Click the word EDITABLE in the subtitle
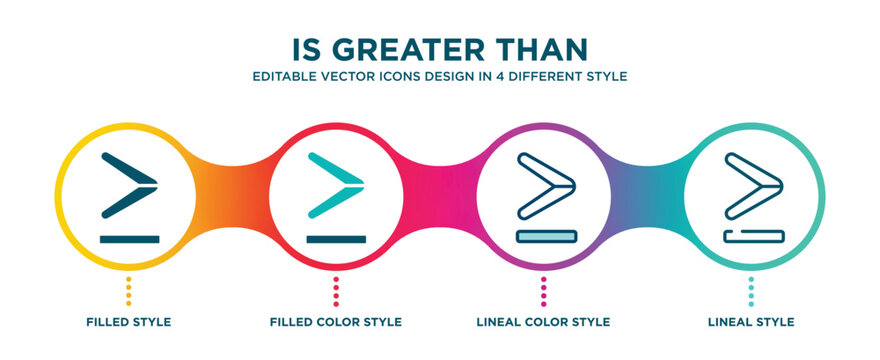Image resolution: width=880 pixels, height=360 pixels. tap(285, 76)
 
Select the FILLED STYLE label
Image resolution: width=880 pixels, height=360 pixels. tap(128, 322)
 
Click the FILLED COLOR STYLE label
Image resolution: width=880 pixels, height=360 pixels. tap(336, 322)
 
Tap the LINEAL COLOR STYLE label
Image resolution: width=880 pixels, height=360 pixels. tap(543, 322)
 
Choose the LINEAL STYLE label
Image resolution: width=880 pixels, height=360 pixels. tap(751, 322)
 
